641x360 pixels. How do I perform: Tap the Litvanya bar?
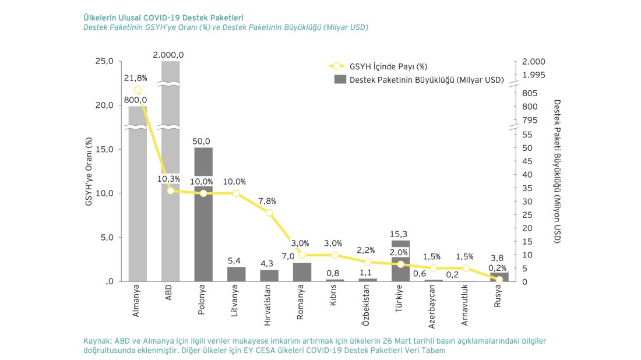(237, 274)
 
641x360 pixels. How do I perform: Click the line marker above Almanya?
(138, 90)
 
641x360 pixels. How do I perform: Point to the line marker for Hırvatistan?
(269, 213)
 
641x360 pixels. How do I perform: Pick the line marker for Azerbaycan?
(434, 268)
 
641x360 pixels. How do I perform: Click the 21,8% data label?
(135, 77)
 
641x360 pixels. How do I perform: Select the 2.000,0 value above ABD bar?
(168, 55)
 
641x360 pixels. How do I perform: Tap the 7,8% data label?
(267, 201)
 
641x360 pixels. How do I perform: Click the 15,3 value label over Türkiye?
(400, 234)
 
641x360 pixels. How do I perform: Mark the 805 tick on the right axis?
(530, 93)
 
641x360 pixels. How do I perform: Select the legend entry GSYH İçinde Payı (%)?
(390, 66)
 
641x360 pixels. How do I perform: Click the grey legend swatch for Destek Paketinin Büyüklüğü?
(340, 80)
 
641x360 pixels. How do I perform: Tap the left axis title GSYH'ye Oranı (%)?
(89, 172)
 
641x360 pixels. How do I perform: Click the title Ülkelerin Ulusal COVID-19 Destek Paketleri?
(164, 17)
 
